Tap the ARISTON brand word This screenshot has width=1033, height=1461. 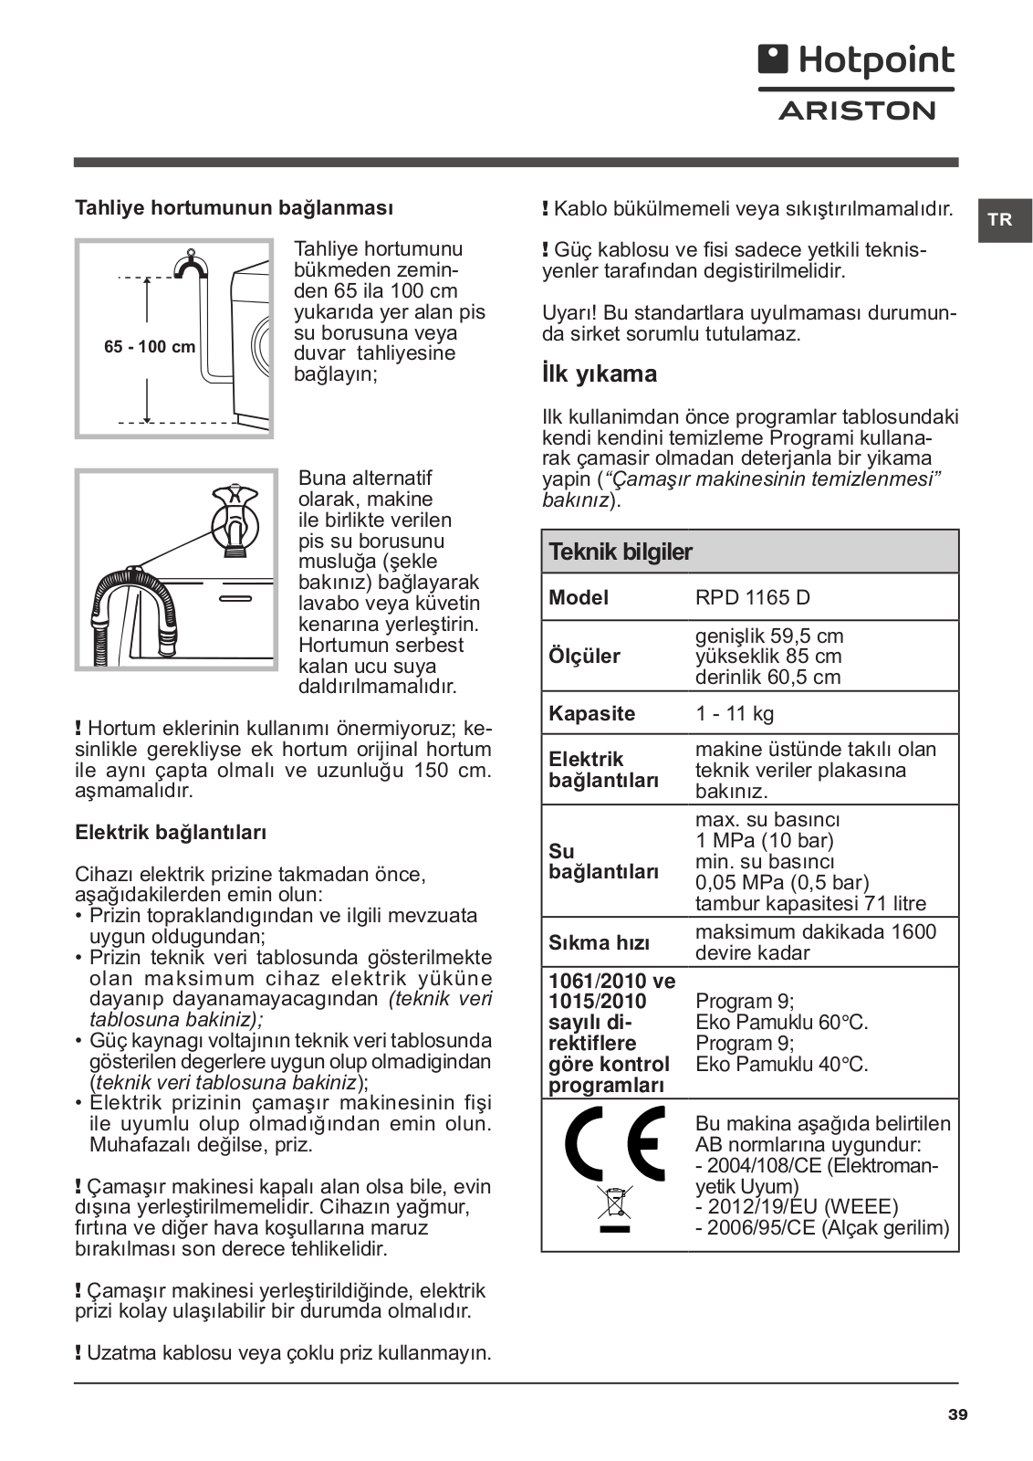click(x=856, y=111)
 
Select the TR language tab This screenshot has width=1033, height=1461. click(x=1000, y=220)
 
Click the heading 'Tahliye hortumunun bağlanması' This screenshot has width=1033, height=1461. click(x=234, y=208)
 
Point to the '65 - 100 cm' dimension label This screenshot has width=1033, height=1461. click(x=150, y=347)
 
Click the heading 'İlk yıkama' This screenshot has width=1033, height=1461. click(x=600, y=374)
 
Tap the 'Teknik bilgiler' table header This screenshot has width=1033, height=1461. click(x=621, y=552)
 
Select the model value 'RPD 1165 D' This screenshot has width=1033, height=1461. click(x=752, y=598)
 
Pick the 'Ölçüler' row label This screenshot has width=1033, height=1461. click(x=584, y=657)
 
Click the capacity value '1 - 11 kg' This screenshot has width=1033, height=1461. click(x=735, y=714)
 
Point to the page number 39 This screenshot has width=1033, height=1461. click(x=957, y=1415)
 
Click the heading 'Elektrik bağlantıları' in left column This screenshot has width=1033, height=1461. click(x=171, y=833)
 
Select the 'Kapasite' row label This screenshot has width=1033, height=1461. click(x=591, y=714)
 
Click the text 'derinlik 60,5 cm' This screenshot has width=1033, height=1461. click(x=767, y=678)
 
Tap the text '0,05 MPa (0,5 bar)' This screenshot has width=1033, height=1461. click(x=782, y=883)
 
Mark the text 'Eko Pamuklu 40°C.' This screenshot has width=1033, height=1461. click(x=781, y=1065)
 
